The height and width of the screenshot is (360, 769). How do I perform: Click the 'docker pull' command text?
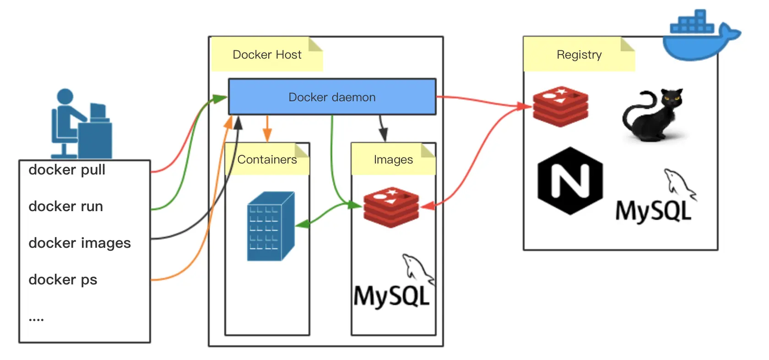point(67,170)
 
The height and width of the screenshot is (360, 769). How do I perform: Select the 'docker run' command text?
point(65,207)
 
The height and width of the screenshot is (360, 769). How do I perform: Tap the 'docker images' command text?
point(80,243)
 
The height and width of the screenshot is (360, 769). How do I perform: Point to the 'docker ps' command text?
point(63,280)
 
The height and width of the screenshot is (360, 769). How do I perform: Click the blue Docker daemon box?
point(332,97)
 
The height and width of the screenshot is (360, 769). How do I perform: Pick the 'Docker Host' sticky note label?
point(267,55)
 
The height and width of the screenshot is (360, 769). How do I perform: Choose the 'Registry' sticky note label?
point(579,55)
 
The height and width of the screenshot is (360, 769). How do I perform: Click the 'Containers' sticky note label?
point(267,159)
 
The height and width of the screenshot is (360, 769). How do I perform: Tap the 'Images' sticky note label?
point(393,159)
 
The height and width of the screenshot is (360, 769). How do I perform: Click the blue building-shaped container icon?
point(270,226)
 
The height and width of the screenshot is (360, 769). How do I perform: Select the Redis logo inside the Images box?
point(391,207)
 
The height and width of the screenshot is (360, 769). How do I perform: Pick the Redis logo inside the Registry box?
point(561,106)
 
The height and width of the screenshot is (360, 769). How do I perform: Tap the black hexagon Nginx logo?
point(570,181)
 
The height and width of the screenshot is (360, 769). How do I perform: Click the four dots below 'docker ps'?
point(36,319)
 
